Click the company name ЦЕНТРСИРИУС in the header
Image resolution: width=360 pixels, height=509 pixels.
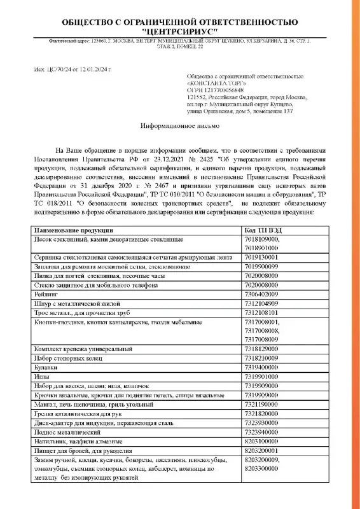click(180, 30)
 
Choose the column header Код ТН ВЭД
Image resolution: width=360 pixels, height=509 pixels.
click(263, 228)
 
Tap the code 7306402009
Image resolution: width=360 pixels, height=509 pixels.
click(262, 295)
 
